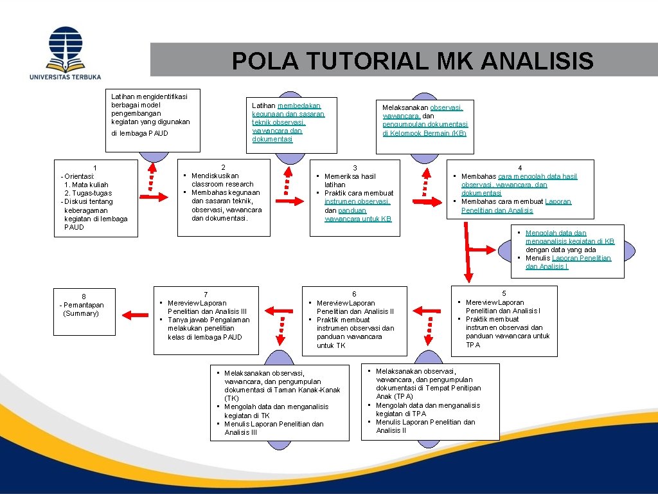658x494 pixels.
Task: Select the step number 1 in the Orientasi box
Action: point(95,168)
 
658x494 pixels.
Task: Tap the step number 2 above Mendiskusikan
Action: point(223,167)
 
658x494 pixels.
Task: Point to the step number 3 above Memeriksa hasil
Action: point(355,168)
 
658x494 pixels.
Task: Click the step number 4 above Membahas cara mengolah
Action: point(520,168)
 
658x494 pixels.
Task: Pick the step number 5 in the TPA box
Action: point(504,293)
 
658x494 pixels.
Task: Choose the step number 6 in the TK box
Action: point(354,294)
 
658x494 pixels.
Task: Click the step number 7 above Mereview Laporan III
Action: point(205,294)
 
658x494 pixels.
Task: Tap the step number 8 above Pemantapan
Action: point(84,297)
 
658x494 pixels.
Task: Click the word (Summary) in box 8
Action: point(81,313)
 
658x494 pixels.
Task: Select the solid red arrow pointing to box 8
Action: point(135,315)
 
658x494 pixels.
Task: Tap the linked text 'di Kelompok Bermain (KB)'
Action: point(424,133)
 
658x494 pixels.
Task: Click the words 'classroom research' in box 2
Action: point(222,184)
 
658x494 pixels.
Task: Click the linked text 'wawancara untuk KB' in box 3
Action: point(358,219)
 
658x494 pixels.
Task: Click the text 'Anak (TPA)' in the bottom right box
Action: point(395,396)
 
